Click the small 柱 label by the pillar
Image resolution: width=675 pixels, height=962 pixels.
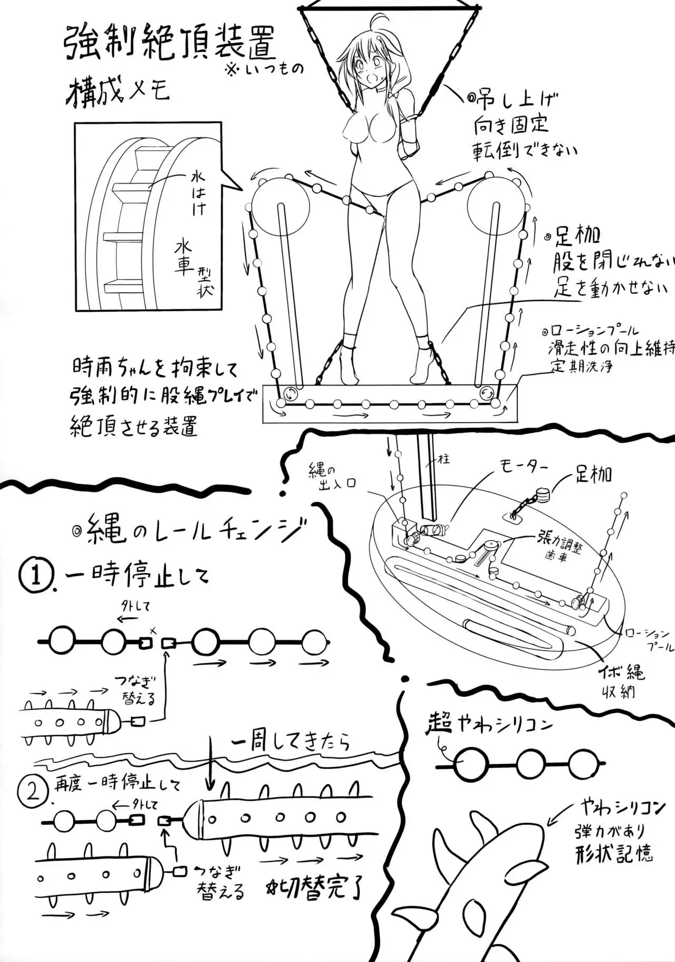coord(443,459)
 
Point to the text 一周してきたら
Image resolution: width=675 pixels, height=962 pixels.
coord(290,742)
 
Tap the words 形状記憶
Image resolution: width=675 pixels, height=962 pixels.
coord(615,852)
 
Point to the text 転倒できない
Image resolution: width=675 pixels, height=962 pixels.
coord(525,150)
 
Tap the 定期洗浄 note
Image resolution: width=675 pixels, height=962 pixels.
coord(582,366)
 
